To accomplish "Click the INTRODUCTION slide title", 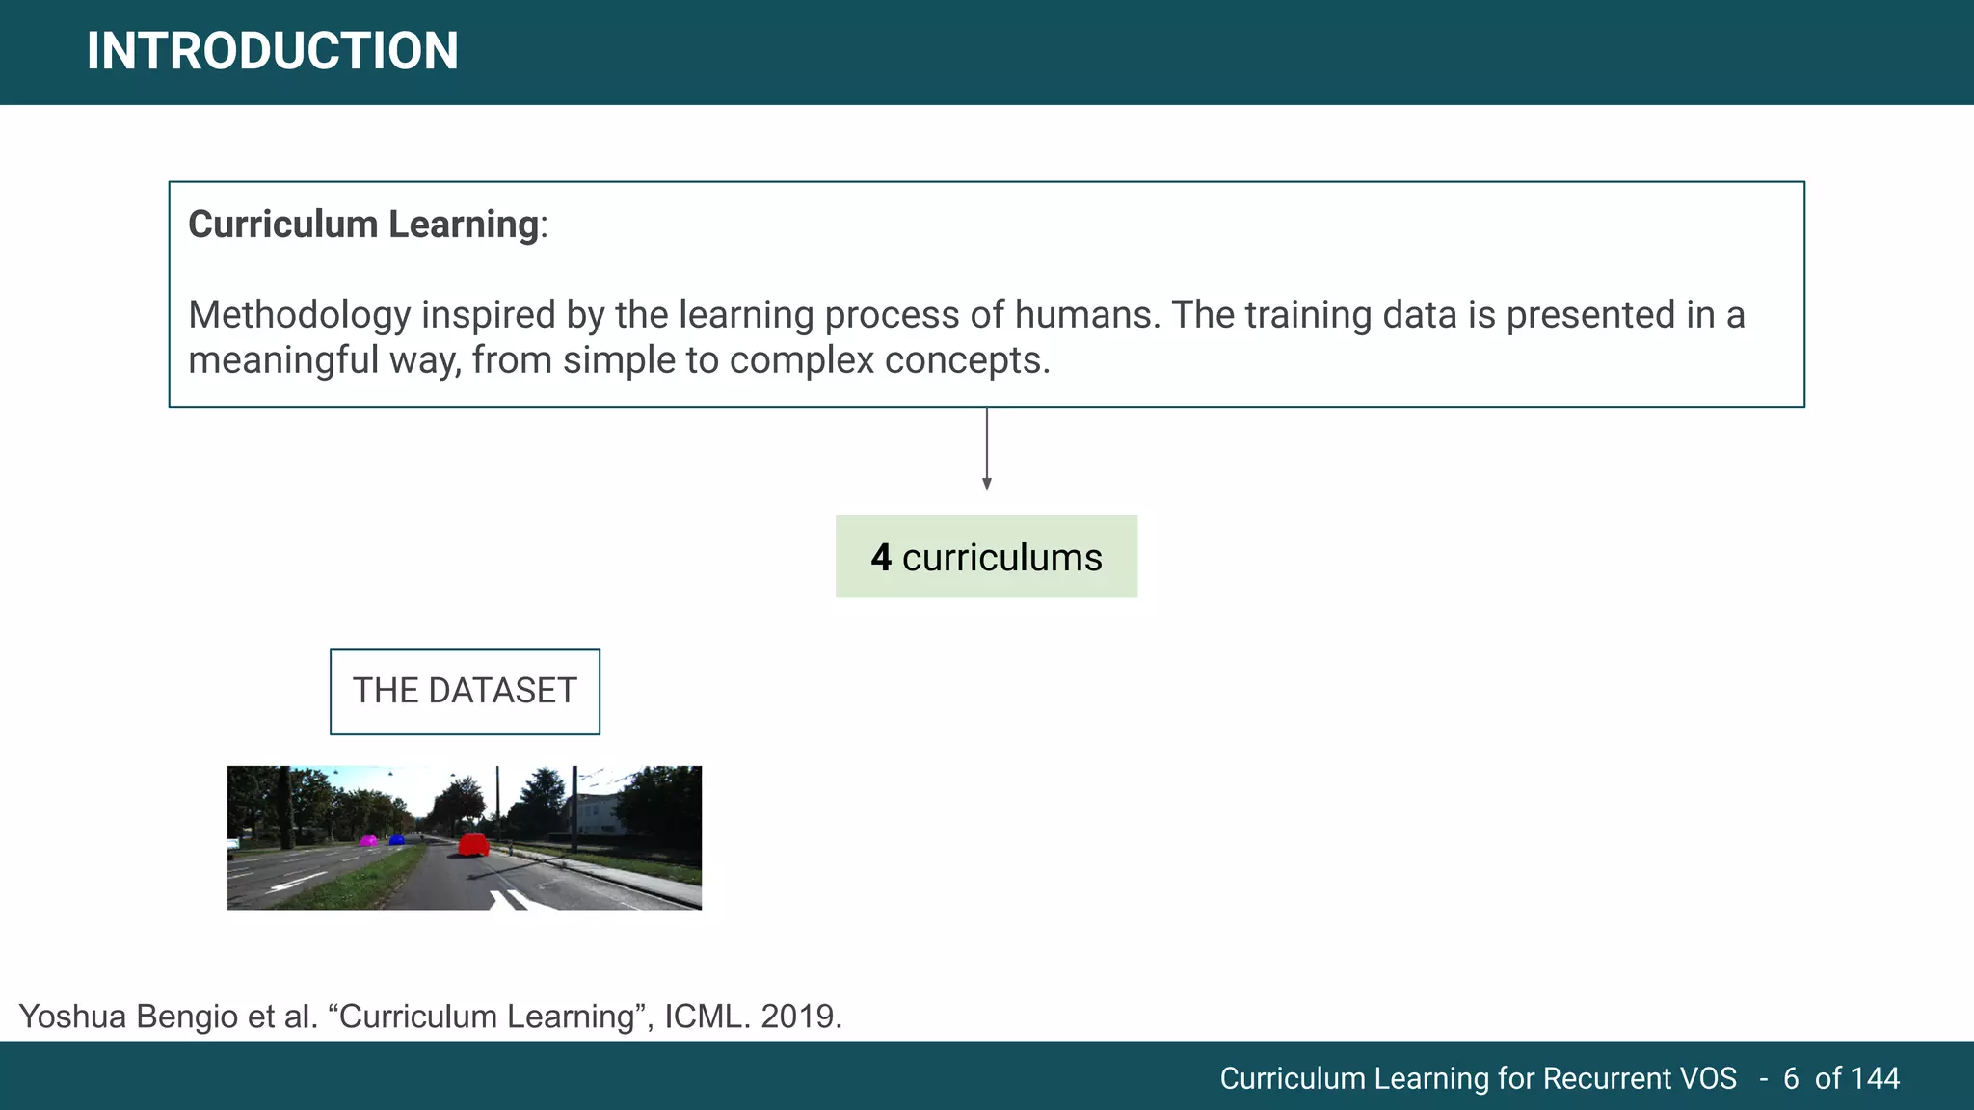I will pos(272,51).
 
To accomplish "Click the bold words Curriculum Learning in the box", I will pos(363,225).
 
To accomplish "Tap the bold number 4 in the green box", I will pos(881,558).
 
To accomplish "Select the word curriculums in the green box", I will pos(1001,558).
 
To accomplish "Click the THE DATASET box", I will pos(465,692).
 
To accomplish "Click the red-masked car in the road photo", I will pos(473,845).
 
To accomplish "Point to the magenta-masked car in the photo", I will pos(368,840).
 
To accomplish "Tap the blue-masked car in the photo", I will pos(396,839).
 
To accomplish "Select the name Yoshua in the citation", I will pos(72,1017).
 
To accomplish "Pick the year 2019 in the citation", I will pos(800,1017).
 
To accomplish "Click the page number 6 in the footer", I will pos(1791,1078).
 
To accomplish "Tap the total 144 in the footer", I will pos(1875,1078).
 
